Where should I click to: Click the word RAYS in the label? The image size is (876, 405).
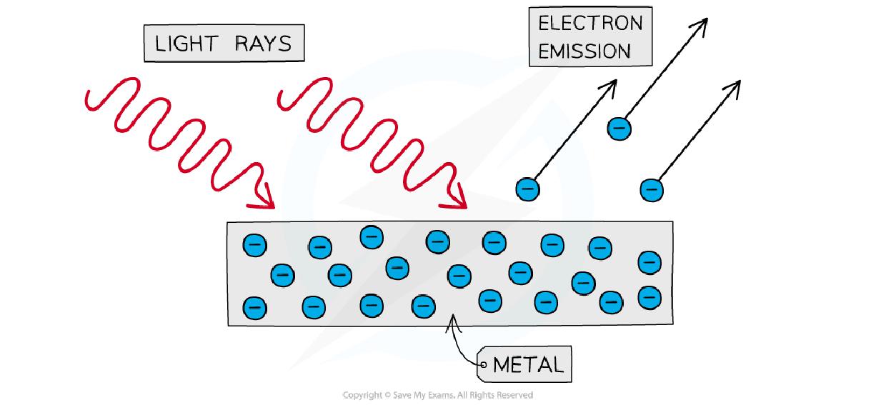[x=265, y=44]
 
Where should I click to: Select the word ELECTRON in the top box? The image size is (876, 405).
[x=590, y=23]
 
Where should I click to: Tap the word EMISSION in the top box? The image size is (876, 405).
[x=584, y=51]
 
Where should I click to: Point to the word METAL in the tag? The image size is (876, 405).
[x=528, y=365]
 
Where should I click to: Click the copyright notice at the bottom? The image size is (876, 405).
[x=437, y=395]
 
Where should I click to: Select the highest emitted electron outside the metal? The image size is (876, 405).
[x=619, y=129]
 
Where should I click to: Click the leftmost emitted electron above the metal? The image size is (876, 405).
[x=527, y=189]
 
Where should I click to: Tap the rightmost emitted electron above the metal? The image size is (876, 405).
[x=651, y=190]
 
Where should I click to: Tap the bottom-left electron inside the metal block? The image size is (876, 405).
[x=254, y=308]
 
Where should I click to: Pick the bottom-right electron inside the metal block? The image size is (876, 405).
[x=649, y=296]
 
